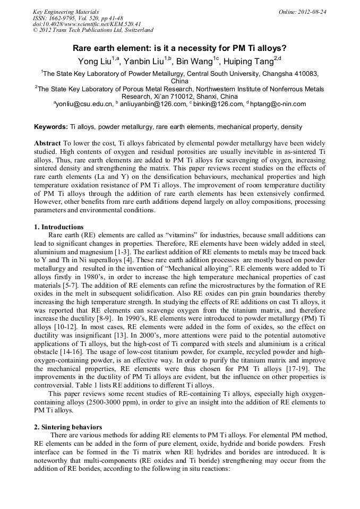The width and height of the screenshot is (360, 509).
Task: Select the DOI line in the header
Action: pyautogui.click(x=87, y=24)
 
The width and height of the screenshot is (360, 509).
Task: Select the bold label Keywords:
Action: pyautogui.click(x=51, y=127)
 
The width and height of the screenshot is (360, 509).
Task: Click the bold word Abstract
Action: pyautogui.click(x=47, y=144)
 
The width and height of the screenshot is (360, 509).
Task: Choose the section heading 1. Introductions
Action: pyautogui.click(x=58, y=227)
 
